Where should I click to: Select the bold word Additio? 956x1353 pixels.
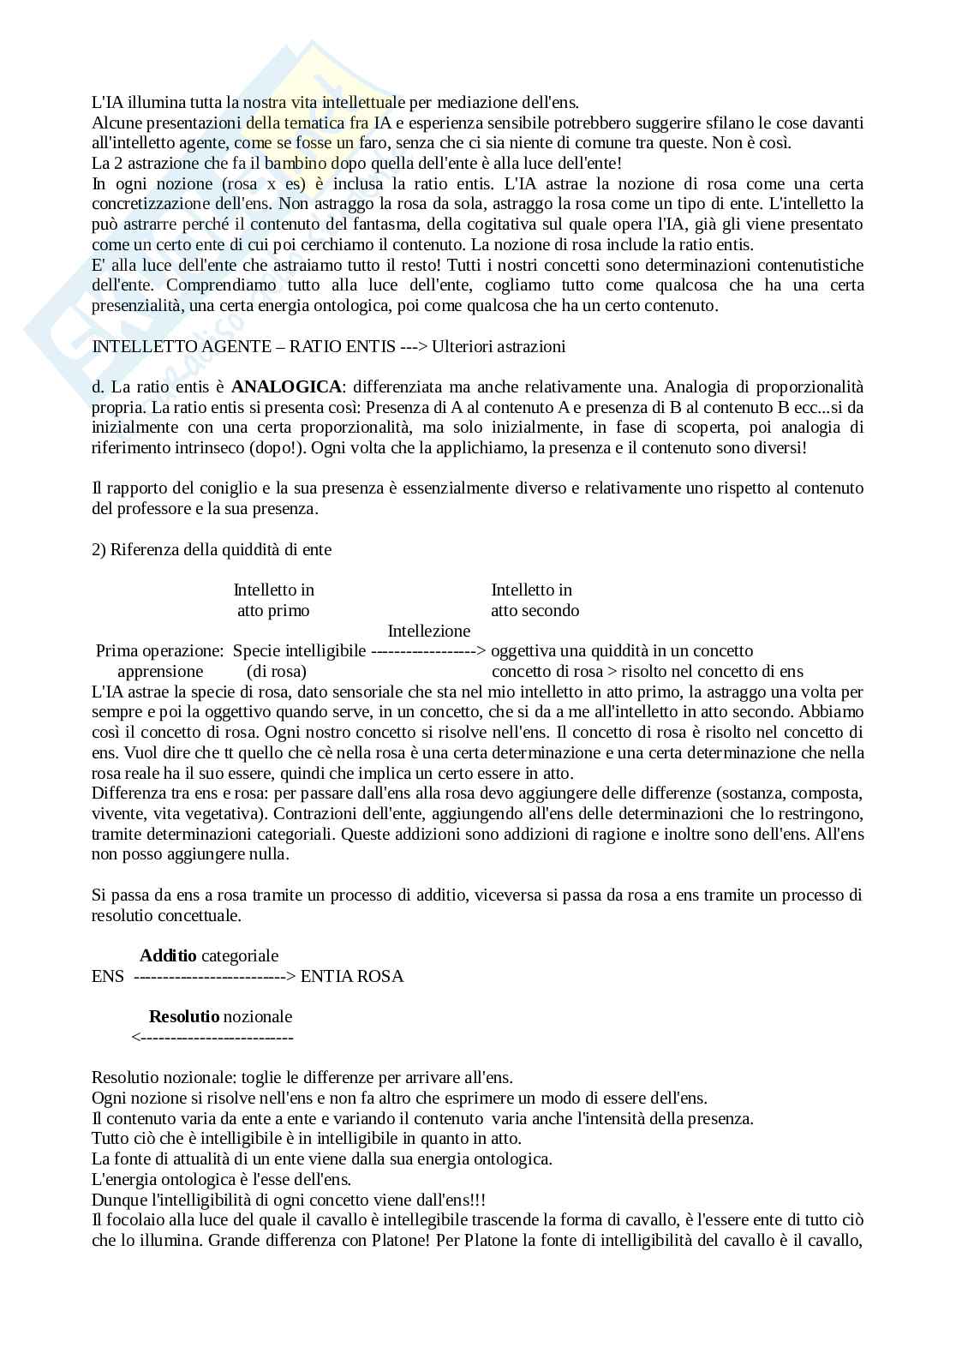coord(168,955)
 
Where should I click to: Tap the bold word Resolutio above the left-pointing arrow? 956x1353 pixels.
coord(184,1016)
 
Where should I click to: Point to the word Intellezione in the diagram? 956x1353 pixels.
coord(429,631)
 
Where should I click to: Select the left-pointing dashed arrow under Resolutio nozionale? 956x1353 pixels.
coord(212,1037)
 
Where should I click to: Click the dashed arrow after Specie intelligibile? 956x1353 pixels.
coord(428,651)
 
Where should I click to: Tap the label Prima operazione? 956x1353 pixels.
coord(160,651)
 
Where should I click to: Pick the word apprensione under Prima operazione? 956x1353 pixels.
coord(160,671)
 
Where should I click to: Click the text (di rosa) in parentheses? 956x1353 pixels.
coord(277,671)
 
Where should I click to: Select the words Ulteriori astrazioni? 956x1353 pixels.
coord(499,346)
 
